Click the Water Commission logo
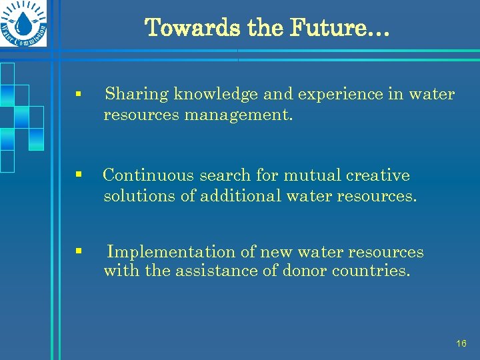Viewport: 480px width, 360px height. [x=25, y=24]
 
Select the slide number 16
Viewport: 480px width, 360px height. [x=461, y=343]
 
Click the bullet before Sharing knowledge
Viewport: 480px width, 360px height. [x=79, y=95]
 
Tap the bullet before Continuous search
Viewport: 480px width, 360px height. [x=79, y=175]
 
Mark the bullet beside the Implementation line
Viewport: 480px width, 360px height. [x=79, y=251]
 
